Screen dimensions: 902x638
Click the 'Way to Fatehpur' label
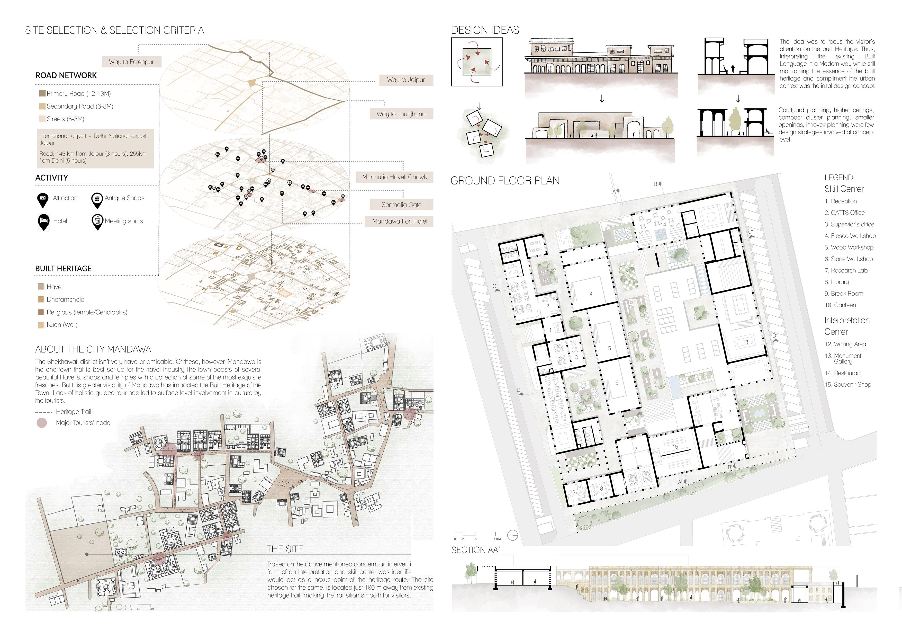pos(131,62)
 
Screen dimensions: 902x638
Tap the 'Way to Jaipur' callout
pos(406,80)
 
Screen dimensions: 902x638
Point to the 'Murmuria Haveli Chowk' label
pos(394,177)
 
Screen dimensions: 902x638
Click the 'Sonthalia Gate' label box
pos(401,205)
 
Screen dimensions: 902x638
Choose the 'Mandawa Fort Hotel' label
pos(400,221)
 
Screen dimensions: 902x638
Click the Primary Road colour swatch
pos(42,94)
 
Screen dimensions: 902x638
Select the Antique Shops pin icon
pos(97,200)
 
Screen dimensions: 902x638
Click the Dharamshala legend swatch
pos(41,299)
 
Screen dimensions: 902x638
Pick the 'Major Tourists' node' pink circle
pos(42,423)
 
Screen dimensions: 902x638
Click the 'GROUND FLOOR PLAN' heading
pos(505,181)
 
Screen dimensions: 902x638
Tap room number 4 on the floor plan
pos(591,294)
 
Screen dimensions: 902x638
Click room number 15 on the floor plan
pos(675,447)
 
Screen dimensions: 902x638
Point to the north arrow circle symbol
pos(513,535)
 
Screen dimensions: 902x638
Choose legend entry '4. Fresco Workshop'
pos(850,236)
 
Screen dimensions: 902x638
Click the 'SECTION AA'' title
pos(475,550)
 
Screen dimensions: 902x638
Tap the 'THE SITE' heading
pos(285,549)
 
